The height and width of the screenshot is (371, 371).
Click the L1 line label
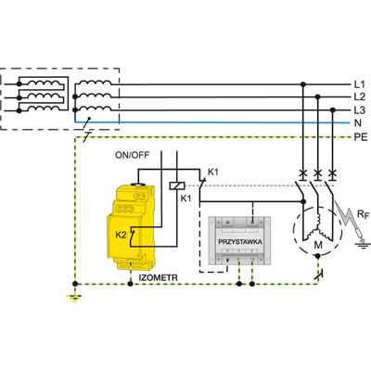(x=359, y=84)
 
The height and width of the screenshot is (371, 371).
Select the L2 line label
(x=360, y=97)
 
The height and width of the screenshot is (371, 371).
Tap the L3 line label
(x=360, y=110)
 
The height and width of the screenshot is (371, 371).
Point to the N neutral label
(x=358, y=123)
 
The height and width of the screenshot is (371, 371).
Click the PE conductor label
(x=361, y=136)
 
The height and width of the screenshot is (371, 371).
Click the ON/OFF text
(x=132, y=155)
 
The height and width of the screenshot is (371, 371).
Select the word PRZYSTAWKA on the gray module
(x=240, y=242)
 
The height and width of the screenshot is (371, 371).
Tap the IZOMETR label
(x=158, y=277)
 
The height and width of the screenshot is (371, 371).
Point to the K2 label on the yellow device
(x=122, y=235)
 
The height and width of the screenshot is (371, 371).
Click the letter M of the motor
(x=318, y=245)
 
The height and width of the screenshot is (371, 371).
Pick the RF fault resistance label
(x=363, y=214)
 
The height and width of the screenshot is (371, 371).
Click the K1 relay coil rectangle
(x=177, y=185)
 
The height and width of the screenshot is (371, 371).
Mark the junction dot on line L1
(x=303, y=84)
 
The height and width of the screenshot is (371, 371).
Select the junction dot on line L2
(x=317, y=97)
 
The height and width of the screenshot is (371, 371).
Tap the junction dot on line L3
(x=332, y=110)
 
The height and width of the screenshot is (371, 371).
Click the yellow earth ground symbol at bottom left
(x=74, y=298)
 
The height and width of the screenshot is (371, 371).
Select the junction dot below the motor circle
(x=317, y=256)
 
